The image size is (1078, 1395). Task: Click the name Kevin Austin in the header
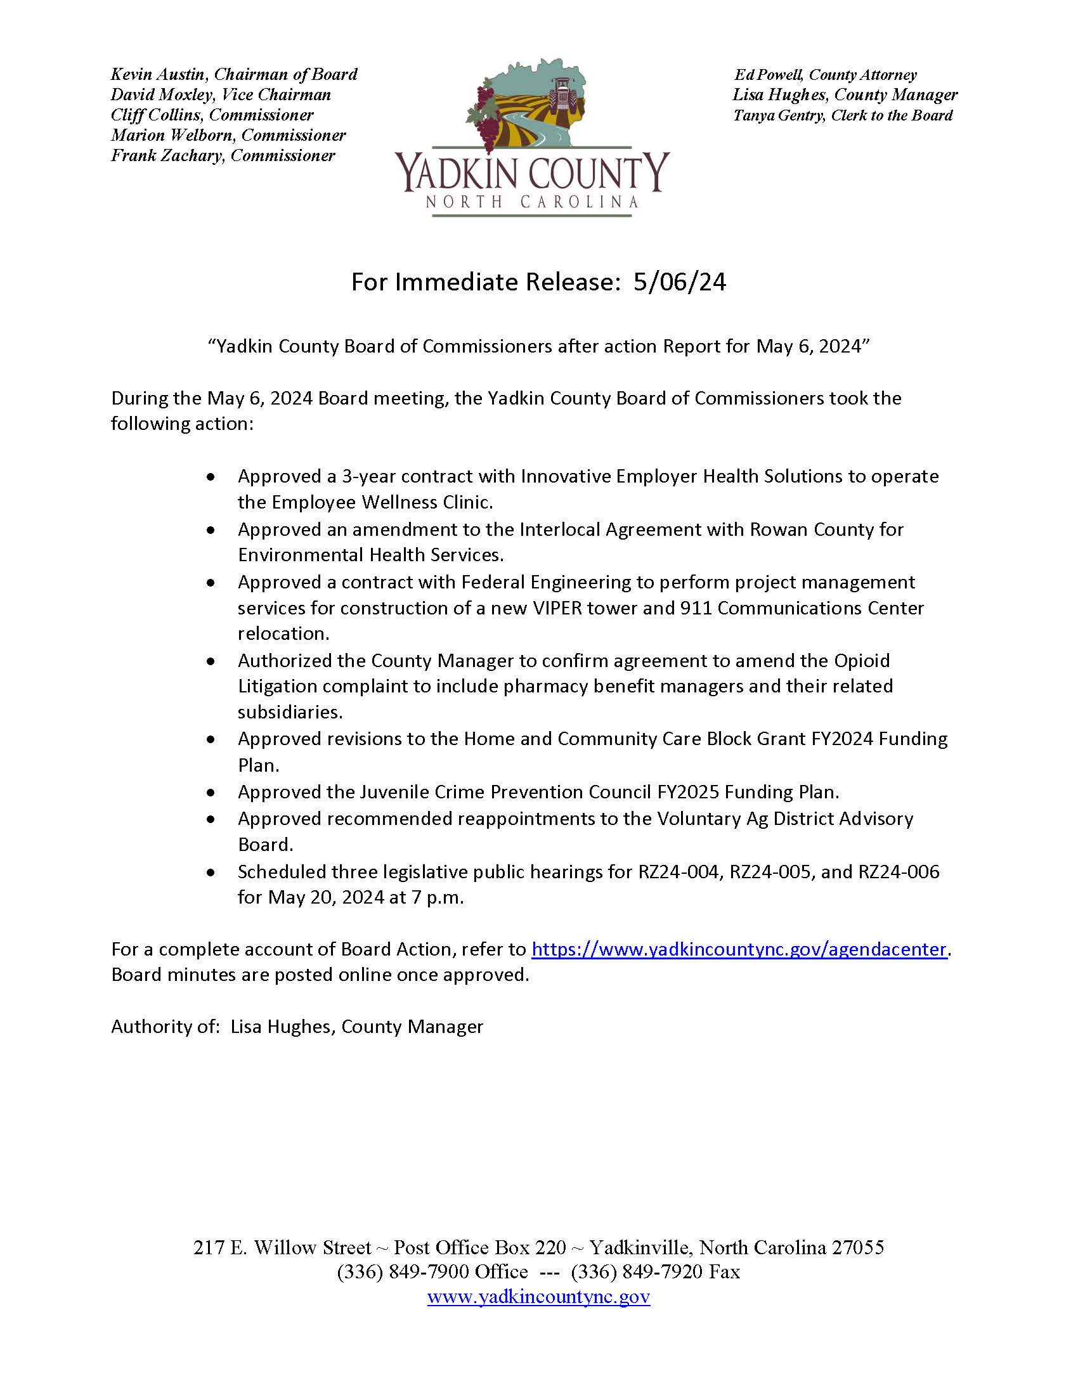coord(157,75)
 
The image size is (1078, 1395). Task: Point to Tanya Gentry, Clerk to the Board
coord(842,115)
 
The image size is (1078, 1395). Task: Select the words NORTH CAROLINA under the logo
coord(532,202)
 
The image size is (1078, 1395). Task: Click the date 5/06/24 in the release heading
coord(680,282)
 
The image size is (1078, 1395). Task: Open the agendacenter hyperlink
coord(738,949)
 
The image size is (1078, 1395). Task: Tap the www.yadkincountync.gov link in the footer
coord(538,1297)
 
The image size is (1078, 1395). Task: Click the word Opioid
coord(862,661)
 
